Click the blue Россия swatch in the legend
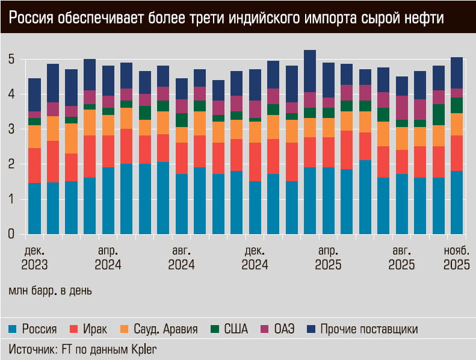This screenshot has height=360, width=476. (x=12, y=329)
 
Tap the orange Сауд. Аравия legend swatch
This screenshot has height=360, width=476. (x=125, y=329)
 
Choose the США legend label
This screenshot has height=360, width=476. (x=235, y=329)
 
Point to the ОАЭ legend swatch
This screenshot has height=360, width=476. (x=264, y=329)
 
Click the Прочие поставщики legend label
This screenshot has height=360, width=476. (x=369, y=329)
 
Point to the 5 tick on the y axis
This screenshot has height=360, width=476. (x=11, y=60)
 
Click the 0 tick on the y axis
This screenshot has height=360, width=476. (x=11, y=234)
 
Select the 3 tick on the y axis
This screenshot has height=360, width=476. (x=11, y=129)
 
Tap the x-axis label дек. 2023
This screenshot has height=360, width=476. (x=34, y=257)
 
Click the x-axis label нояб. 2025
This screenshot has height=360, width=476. (x=456, y=257)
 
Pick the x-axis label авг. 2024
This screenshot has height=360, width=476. (x=181, y=257)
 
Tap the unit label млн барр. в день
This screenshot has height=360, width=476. (x=50, y=290)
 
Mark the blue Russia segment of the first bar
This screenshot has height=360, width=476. (x=34, y=208)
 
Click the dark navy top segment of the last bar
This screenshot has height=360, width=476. (x=456, y=73)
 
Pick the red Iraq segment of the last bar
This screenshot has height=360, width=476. (x=456, y=153)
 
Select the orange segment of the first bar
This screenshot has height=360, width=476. (x=34, y=137)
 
